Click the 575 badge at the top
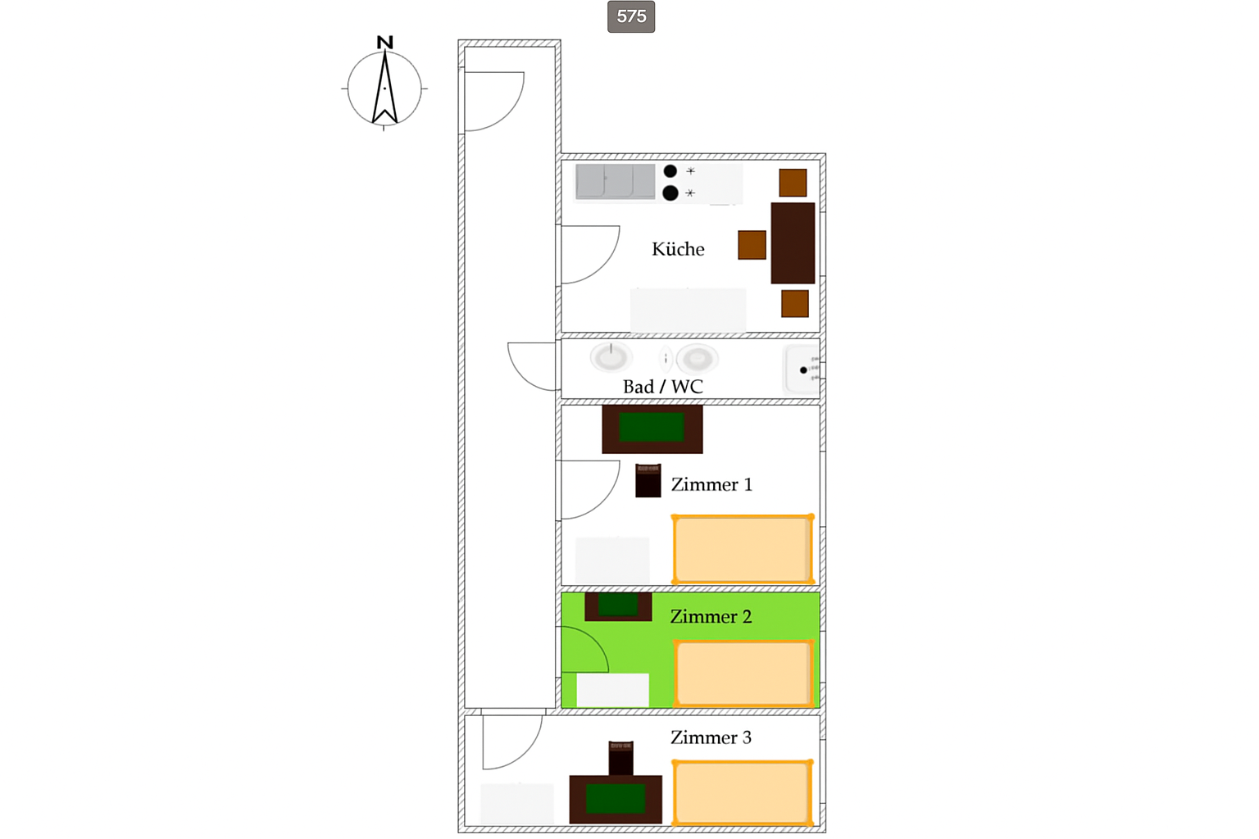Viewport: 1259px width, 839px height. click(x=630, y=16)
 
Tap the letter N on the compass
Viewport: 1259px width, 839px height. click(x=384, y=42)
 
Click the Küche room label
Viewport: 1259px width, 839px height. click(x=678, y=249)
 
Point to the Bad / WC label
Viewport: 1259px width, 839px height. click(x=662, y=387)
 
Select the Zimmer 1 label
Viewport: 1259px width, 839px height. click(x=711, y=484)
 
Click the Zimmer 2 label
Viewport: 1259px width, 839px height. click(x=711, y=616)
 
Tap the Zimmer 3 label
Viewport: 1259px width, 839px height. click(x=711, y=737)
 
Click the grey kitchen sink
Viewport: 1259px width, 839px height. click(x=616, y=182)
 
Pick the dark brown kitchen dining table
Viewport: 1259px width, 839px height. click(x=793, y=243)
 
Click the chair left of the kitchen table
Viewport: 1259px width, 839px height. click(x=752, y=245)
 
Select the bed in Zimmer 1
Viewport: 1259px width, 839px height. click(x=743, y=549)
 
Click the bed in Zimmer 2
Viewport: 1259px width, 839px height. click(x=743, y=673)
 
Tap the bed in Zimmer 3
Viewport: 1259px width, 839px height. click(x=743, y=793)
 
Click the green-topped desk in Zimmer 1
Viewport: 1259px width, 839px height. click(x=652, y=429)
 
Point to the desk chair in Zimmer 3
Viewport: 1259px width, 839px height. click(x=621, y=758)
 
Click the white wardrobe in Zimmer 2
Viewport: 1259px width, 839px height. click(x=612, y=690)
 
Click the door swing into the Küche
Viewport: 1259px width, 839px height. click(x=608, y=264)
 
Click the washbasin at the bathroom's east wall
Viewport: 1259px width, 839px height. click(x=802, y=370)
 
